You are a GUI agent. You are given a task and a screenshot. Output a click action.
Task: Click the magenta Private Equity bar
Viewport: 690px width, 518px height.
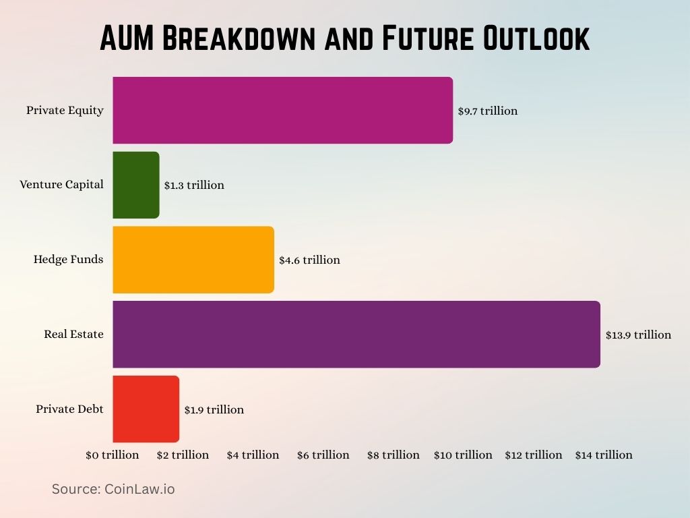click(282, 110)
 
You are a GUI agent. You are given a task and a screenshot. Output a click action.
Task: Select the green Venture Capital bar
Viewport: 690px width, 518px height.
click(136, 185)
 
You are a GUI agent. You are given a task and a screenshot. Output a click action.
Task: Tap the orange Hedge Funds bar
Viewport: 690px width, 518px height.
click(193, 260)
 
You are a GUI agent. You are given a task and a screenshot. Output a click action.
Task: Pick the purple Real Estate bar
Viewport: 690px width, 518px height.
click(356, 335)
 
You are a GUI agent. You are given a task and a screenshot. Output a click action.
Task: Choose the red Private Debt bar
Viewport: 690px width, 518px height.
click(146, 409)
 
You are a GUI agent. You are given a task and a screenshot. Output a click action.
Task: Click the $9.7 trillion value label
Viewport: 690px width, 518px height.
click(488, 111)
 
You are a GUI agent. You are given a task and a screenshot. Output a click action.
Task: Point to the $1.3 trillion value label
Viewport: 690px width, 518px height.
click(194, 185)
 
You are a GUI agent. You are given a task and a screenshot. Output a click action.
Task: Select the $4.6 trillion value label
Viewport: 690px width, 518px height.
click(309, 260)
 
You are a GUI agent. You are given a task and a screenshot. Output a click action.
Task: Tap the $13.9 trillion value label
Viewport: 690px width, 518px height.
click(638, 335)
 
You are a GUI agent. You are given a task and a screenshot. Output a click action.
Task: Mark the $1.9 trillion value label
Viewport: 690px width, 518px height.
click(214, 409)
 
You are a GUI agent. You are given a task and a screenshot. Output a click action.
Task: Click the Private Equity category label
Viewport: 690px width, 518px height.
click(65, 110)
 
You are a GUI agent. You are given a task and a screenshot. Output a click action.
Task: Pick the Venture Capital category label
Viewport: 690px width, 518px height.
click(61, 185)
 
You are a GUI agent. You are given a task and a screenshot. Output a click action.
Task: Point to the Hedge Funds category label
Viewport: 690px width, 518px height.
click(68, 260)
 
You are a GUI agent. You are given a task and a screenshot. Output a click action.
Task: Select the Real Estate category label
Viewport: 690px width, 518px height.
click(73, 335)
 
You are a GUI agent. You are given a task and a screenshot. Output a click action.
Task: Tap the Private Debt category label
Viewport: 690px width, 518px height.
click(69, 409)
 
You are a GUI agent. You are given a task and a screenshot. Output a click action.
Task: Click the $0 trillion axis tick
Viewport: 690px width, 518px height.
click(112, 455)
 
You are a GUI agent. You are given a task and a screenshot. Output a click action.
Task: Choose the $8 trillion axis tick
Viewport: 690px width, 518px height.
click(393, 455)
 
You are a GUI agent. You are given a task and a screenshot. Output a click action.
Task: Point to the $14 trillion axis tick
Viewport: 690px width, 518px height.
click(604, 455)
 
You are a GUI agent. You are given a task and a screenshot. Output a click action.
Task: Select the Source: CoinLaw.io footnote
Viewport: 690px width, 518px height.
click(113, 489)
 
